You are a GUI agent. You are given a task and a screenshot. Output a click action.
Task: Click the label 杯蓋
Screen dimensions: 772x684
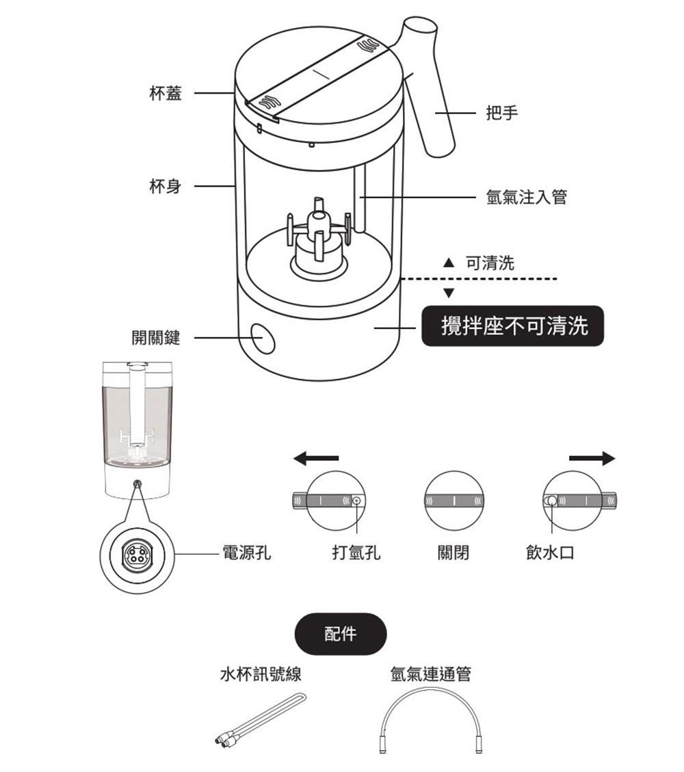[166, 94]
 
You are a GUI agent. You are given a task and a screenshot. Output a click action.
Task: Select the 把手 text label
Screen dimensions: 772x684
[501, 114]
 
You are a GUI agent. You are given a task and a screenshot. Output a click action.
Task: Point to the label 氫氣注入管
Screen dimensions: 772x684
[526, 198]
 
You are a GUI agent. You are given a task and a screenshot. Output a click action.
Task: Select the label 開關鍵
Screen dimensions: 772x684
[156, 337]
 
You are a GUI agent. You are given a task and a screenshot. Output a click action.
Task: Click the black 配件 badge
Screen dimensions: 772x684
[340, 634]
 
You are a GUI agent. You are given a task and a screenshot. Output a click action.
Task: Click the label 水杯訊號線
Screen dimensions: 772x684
[260, 675]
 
